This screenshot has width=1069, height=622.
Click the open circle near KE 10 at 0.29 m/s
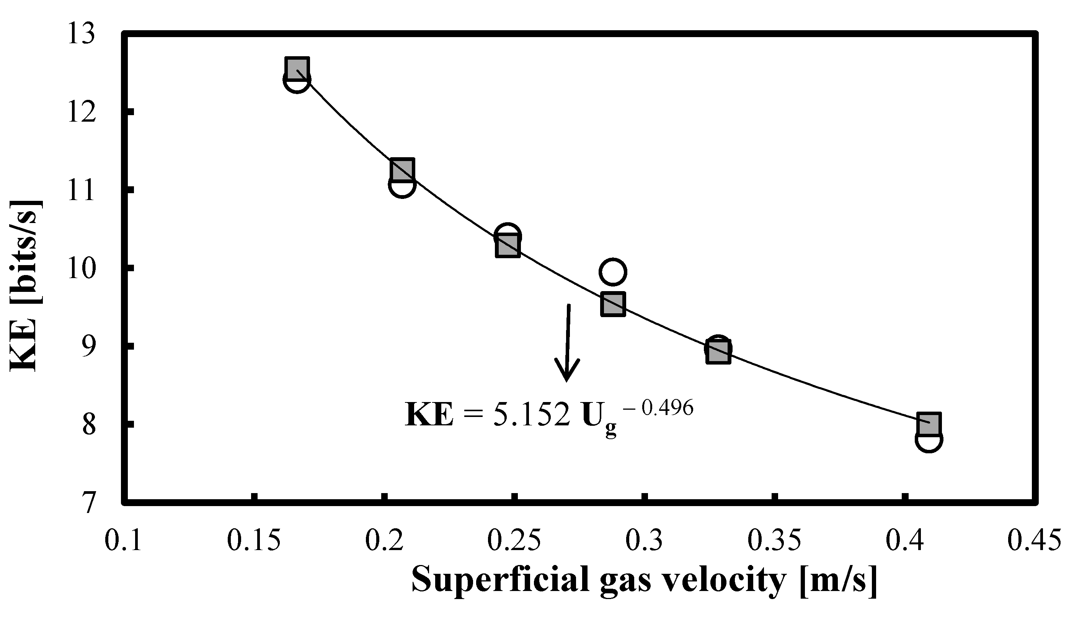(612, 271)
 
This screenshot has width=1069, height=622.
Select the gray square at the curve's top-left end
(297, 68)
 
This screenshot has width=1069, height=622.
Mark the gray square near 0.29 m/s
(612, 304)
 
